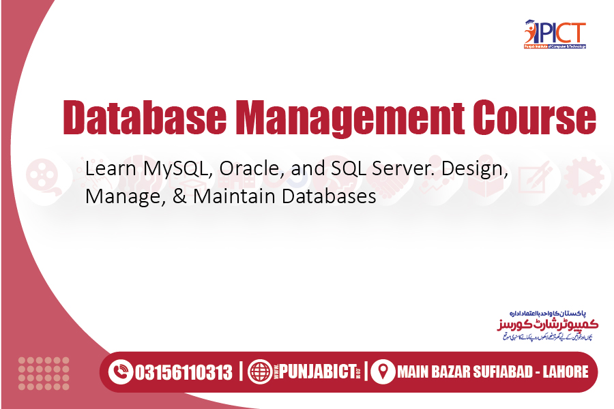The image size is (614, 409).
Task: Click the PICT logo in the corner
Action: [x=554, y=35]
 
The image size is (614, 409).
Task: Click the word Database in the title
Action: [x=144, y=118]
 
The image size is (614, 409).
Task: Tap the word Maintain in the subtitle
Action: [x=234, y=197]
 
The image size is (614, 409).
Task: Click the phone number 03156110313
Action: [x=184, y=372]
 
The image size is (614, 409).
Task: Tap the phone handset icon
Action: [x=122, y=372]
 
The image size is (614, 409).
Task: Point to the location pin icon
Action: [x=383, y=372]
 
